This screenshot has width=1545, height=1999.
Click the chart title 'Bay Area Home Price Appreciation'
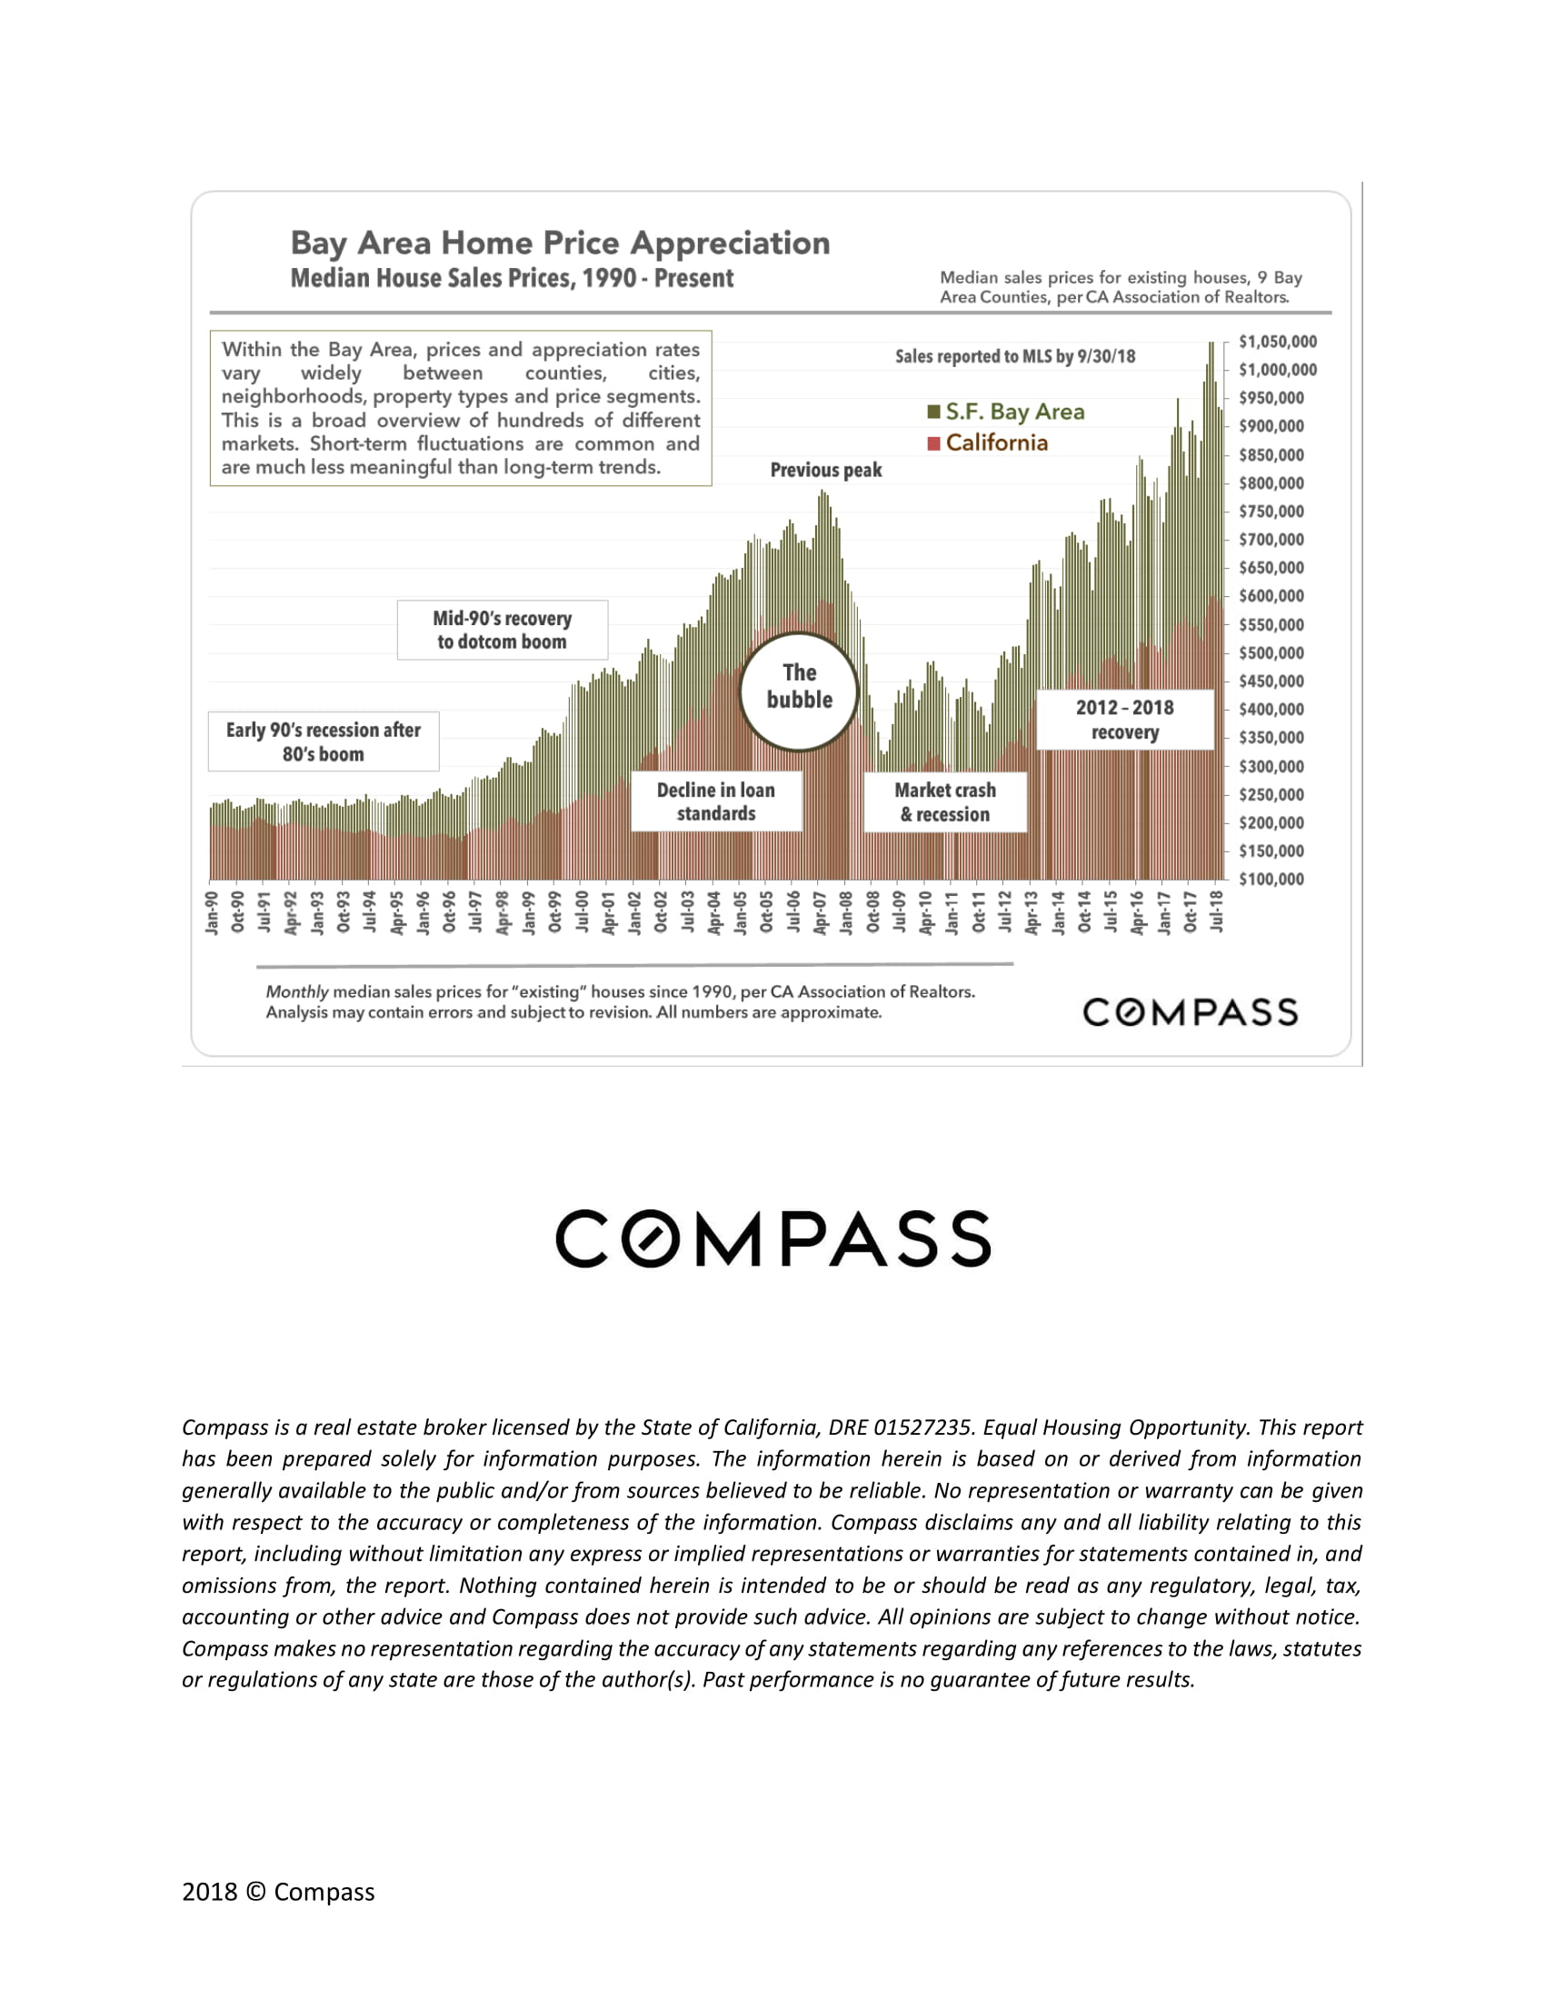(x=560, y=244)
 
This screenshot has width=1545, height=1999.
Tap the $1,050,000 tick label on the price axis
(x=1278, y=343)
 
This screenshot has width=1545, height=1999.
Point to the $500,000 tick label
(x=1271, y=653)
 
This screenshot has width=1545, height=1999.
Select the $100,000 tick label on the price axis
(x=1271, y=880)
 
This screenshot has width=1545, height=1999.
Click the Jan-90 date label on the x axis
(x=213, y=912)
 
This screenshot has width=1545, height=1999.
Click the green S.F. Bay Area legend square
(x=933, y=412)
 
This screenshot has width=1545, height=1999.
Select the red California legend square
(x=933, y=444)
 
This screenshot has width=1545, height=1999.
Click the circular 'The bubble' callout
(x=799, y=691)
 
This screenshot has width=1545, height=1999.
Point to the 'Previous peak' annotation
(x=825, y=471)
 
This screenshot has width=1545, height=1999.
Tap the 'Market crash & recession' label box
(x=944, y=801)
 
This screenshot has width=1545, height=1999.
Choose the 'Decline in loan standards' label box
(x=716, y=801)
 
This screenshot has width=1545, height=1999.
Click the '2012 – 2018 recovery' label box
(x=1124, y=720)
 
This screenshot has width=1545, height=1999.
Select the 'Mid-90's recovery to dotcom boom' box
(x=503, y=630)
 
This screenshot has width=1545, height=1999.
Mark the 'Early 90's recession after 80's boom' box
(x=324, y=741)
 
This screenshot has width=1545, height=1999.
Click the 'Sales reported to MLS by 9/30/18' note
(x=1015, y=357)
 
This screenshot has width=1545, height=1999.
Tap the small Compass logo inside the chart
(x=1190, y=1012)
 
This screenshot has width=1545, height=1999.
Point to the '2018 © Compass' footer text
(x=278, y=1892)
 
